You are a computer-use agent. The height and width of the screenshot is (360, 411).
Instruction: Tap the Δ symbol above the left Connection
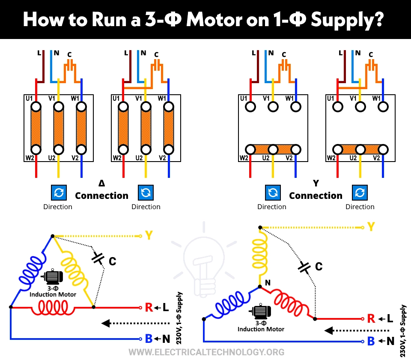pyautogui.click(x=101, y=183)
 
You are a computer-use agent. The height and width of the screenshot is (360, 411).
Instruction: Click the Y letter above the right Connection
pyautogui.click(x=316, y=183)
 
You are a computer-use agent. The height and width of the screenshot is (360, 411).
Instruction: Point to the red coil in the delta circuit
pyautogui.click(x=53, y=307)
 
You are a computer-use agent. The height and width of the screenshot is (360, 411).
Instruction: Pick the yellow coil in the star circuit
pyautogui.click(x=259, y=255)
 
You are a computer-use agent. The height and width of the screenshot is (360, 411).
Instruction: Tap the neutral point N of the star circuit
pyautogui.click(x=268, y=283)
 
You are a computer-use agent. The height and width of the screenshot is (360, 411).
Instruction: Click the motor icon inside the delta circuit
pyautogui.click(x=53, y=278)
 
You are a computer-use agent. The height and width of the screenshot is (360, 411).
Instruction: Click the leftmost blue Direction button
pyautogui.click(x=58, y=193)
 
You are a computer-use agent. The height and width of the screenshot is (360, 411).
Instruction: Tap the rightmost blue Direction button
pyautogui.click(x=360, y=193)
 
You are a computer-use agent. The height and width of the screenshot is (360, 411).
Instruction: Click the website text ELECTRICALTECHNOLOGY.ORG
pyautogui.click(x=206, y=352)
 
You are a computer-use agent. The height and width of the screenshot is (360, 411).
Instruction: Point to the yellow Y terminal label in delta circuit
pyautogui.click(x=149, y=236)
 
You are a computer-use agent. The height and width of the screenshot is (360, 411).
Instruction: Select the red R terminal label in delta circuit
pyautogui.click(x=149, y=307)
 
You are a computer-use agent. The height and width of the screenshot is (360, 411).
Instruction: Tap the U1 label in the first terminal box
pyautogui.click(x=29, y=99)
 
